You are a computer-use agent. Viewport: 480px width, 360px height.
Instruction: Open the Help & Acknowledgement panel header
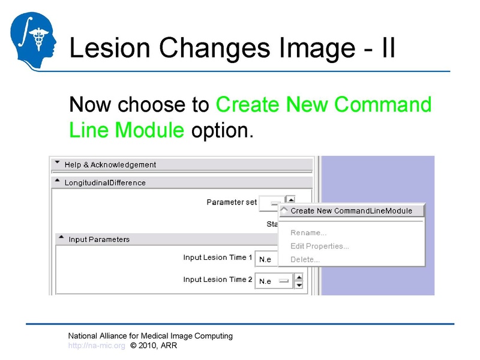110,164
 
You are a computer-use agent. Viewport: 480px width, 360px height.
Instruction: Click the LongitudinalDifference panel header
105,182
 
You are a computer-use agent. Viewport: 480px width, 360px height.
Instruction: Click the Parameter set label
232,202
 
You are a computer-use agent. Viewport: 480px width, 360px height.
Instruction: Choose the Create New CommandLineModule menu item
351,211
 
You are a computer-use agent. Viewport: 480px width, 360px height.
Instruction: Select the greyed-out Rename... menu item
308,233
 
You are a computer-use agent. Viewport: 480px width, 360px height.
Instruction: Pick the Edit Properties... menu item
320,246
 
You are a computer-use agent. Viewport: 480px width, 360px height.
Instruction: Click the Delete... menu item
305,259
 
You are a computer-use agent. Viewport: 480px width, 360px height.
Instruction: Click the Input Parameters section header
99,239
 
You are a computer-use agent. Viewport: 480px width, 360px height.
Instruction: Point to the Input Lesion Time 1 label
218,257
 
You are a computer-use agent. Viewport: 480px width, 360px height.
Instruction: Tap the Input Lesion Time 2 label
218,280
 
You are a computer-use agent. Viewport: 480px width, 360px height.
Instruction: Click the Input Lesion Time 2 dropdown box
274,281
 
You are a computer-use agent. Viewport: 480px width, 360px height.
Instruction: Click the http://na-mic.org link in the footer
97,346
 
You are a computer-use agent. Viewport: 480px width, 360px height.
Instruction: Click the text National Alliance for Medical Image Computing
150,336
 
